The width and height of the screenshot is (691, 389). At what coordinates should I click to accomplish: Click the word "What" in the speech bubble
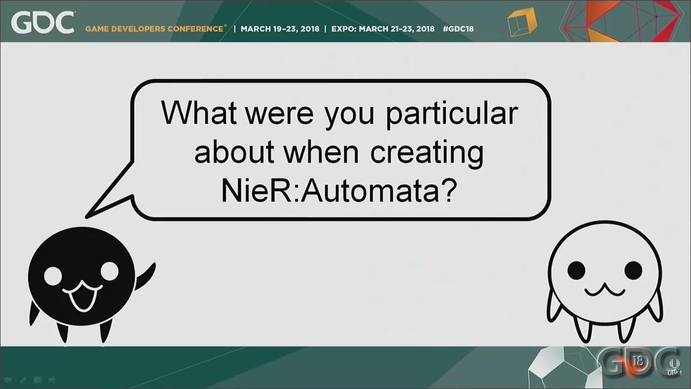pos(199,112)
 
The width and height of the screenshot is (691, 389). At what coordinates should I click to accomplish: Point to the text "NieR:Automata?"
pos(339,190)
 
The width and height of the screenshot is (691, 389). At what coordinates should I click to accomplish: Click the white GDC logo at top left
pos(43,23)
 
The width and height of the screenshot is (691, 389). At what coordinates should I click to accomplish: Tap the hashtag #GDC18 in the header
pos(459,29)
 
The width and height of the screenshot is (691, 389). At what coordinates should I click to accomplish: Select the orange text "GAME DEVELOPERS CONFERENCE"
pos(155,29)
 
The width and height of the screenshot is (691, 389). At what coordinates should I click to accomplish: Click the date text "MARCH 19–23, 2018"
pos(280,29)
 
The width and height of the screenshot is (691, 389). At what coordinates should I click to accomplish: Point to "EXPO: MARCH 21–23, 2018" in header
pos(383,29)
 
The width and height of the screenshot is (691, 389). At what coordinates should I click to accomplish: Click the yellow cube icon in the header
pos(522,23)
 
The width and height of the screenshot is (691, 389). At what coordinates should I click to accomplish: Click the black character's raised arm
pos(146,276)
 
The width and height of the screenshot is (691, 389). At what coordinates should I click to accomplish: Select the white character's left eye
pos(576,270)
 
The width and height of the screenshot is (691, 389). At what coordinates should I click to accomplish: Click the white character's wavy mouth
pos(605,290)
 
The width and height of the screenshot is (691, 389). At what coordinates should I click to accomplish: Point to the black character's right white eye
pos(110,271)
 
